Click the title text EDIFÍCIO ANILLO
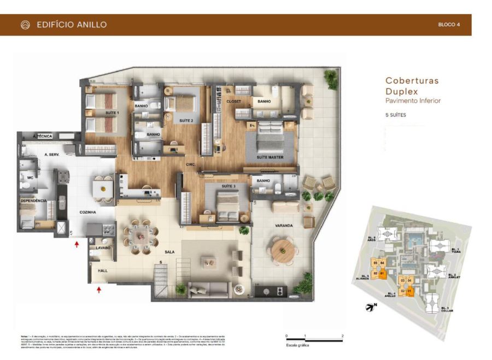point(71,25)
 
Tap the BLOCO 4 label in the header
point(449,25)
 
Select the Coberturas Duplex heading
point(412,86)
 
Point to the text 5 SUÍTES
point(396,115)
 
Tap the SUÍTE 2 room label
point(186,120)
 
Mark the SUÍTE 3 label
point(228,186)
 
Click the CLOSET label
point(234,102)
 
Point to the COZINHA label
point(87,212)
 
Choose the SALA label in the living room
point(169,252)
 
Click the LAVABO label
point(103,247)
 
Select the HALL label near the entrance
point(103,270)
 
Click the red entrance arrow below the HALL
point(99,290)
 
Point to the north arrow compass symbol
point(370,308)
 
